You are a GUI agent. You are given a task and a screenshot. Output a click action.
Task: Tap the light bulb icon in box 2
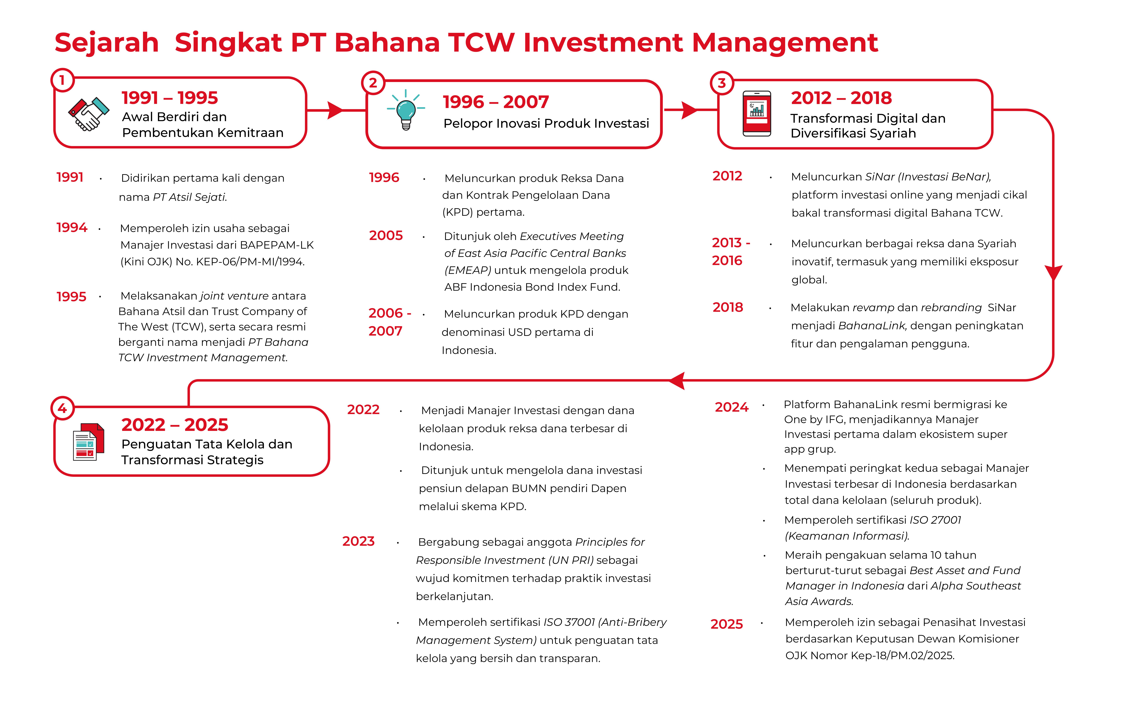pyautogui.click(x=406, y=110)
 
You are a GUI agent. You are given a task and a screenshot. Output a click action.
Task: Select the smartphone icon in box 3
pyautogui.click(x=757, y=114)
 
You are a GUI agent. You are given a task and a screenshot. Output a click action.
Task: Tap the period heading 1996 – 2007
pyautogui.click(x=496, y=102)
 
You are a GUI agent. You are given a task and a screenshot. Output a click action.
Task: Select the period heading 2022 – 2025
pyautogui.click(x=175, y=425)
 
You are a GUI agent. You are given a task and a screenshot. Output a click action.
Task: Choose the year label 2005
pyautogui.click(x=386, y=236)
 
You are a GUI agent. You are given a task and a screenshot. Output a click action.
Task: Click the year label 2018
pyautogui.click(x=728, y=308)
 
